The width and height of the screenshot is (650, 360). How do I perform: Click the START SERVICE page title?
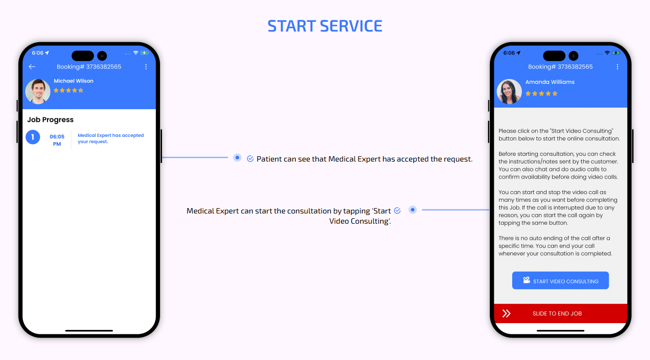pos(325,26)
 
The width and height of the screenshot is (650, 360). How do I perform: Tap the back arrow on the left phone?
pos(32,67)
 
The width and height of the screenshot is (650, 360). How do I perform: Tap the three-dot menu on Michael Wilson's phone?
pos(146,67)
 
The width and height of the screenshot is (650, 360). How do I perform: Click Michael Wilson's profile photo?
pos(38,91)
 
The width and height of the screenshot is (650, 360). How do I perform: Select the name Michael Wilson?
pos(74,81)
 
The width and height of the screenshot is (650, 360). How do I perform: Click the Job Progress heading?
pos(50,120)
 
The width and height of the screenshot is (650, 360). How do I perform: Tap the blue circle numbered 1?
pos(33,137)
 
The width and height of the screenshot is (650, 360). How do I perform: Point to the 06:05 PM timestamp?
pos(57,140)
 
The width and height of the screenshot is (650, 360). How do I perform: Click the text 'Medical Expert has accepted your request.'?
pos(111,138)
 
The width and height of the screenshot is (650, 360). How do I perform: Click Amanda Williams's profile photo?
pos(509,91)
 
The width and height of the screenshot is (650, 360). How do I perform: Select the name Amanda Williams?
pos(550,82)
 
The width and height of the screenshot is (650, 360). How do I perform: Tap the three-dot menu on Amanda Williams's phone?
pos(617,67)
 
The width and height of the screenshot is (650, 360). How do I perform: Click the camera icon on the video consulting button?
pos(526,280)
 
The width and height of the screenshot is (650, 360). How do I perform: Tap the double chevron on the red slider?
pos(506,313)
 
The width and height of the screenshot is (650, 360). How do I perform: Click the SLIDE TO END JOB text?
pos(557,313)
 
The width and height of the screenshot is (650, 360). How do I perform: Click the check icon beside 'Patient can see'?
pos(250,159)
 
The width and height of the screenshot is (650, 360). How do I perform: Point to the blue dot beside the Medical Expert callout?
pos(412,210)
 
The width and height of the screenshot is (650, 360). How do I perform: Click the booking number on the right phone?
pos(560,67)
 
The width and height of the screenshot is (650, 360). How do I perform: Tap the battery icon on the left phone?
pos(145,53)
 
